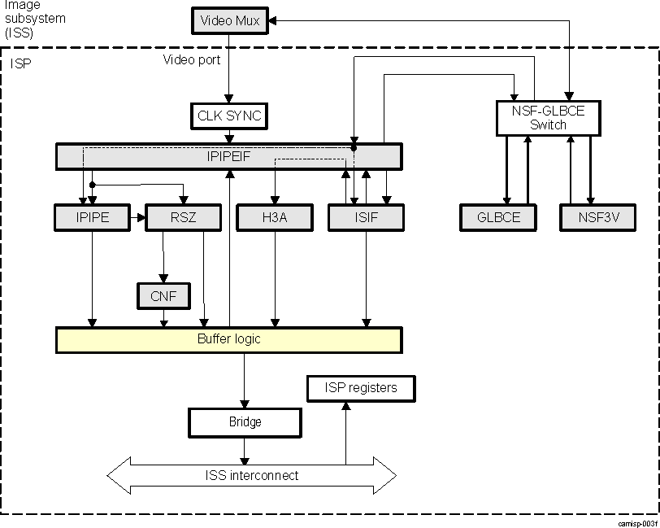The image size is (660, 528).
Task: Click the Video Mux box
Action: (230, 20)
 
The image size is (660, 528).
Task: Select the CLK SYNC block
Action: (230, 116)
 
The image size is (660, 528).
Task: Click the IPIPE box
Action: (93, 217)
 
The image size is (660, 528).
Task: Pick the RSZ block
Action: (183, 217)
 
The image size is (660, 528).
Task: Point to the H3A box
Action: (274, 217)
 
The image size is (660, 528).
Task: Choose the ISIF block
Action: (366, 217)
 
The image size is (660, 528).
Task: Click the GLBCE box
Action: (499, 217)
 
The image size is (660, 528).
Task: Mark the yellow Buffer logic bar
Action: (229, 339)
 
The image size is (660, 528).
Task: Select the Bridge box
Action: (245, 422)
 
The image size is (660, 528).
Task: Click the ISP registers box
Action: (361, 388)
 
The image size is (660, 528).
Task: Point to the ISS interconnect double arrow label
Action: (251, 475)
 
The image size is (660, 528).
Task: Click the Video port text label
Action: (192, 59)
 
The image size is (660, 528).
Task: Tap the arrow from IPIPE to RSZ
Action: (138, 217)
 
